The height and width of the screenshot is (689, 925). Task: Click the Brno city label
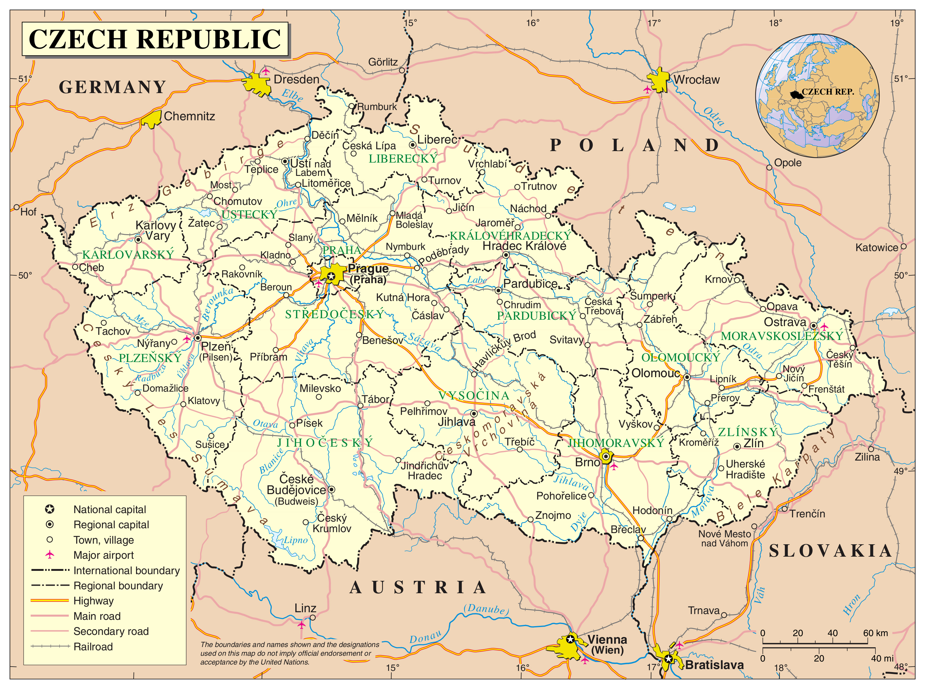(587, 462)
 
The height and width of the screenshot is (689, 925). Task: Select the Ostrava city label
(785, 322)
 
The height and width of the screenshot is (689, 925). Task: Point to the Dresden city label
(296, 79)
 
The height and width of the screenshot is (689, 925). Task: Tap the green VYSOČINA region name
(474, 395)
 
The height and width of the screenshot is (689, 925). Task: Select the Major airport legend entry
(103, 555)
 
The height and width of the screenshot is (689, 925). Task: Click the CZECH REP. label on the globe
(828, 92)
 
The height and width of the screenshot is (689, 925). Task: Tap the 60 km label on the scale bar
(875, 633)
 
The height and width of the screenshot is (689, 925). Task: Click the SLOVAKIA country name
(830, 551)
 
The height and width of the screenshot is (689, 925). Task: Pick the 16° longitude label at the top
(532, 23)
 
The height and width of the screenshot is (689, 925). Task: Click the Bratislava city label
(714, 665)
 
